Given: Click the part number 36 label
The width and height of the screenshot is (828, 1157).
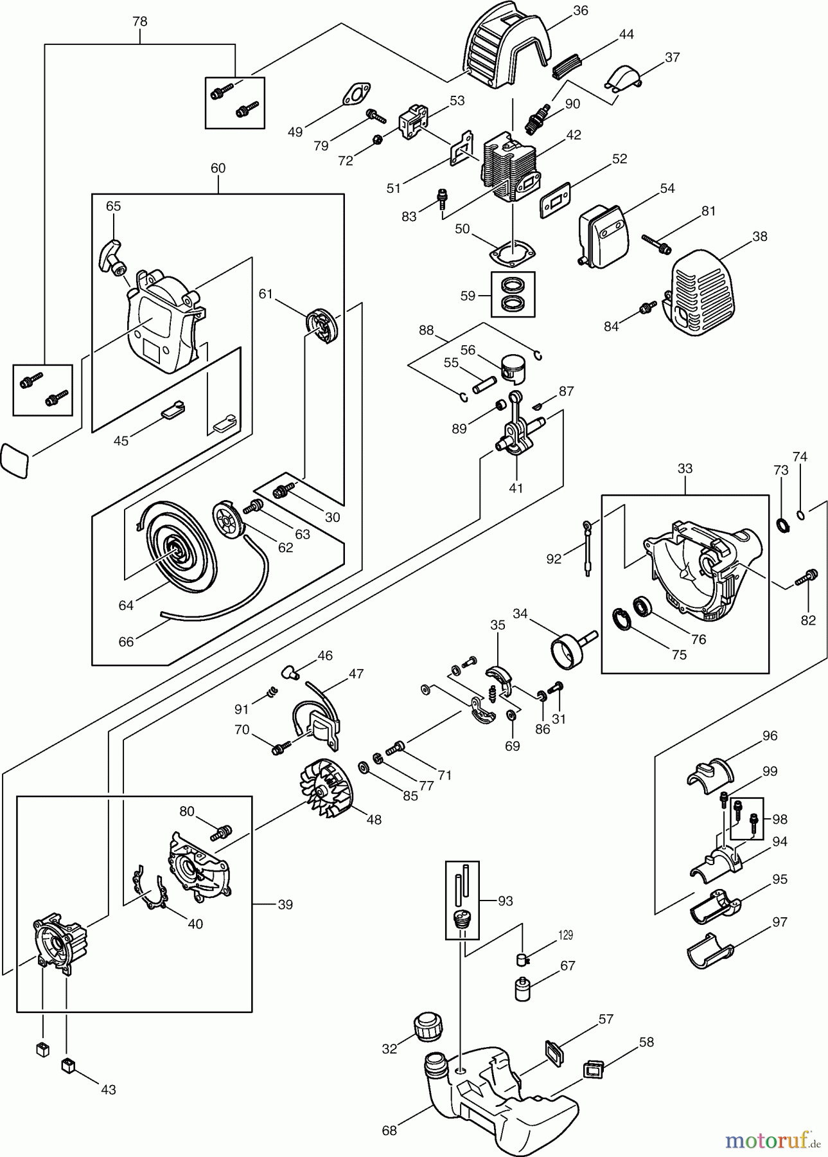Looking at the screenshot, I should (580, 10).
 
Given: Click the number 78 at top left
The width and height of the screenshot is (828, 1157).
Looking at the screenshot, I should (139, 21).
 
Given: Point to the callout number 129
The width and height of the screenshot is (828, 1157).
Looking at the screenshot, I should (565, 935).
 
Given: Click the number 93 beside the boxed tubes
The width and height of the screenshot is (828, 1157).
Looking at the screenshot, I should (505, 901).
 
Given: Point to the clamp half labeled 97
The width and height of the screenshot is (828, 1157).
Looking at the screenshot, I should (710, 955).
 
